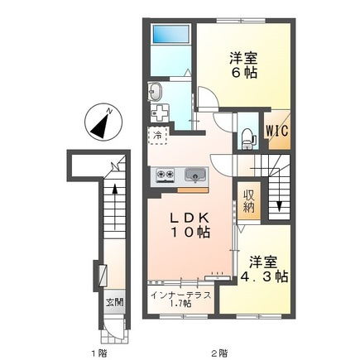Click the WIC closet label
click(x=277, y=131)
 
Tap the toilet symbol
click(x=247, y=139)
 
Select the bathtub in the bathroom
click(x=171, y=34)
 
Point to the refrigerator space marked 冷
click(x=158, y=135)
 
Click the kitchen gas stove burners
click(x=166, y=175)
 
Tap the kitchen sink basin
click(x=195, y=175)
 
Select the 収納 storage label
click(x=249, y=201)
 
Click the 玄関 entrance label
click(x=115, y=303)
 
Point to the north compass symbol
click(x=103, y=123)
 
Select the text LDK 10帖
click(x=190, y=225)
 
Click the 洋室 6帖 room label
click(x=243, y=65)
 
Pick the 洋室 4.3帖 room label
click(x=265, y=270)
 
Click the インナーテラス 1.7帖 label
click(x=180, y=300)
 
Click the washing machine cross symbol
click(x=159, y=113)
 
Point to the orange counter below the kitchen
click(x=193, y=190)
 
